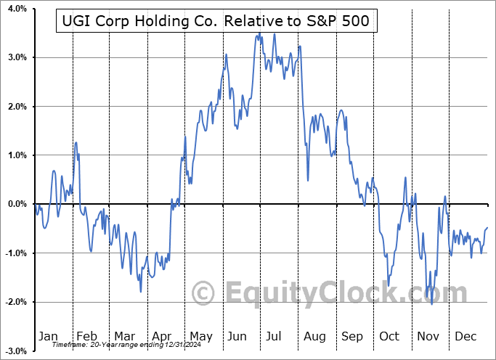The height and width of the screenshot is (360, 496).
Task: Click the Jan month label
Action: tap(48, 336)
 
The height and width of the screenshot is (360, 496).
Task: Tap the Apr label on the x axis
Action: tap(162, 336)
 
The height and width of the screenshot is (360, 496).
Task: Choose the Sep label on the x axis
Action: tap(352, 336)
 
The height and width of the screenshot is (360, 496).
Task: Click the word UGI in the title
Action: tap(76, 22)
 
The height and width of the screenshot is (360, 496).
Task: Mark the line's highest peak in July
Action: tap(275, 34)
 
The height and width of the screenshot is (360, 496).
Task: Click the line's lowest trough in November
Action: tap(432, 304)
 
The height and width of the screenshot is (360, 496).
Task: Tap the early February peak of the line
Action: tap(76, 142)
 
